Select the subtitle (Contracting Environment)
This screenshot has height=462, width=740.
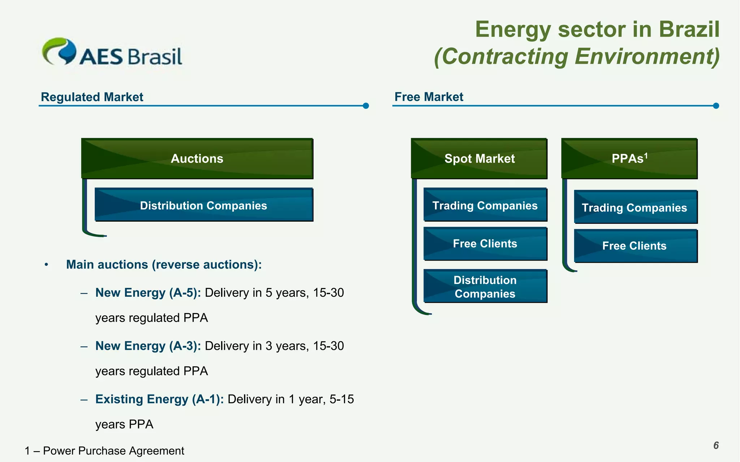(577, 57)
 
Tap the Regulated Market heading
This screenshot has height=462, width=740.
(92, 97)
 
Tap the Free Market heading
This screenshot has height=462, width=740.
(429, 97)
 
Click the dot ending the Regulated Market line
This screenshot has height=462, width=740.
(366, 106)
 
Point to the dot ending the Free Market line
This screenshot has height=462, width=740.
(716, 106)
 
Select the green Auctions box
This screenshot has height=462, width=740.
(197, 158)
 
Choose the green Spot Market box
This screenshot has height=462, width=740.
(479, 158)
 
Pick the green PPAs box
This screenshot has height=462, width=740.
(629, 158)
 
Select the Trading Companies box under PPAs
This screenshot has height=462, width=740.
(635, 207)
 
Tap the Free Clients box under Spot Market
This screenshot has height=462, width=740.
(485, 244)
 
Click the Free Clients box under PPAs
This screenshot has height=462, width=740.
(635, 246)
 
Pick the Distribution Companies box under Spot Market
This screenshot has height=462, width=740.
(485, 286)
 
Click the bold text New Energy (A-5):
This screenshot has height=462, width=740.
(148, 293)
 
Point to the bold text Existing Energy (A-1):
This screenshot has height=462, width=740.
(159, 399)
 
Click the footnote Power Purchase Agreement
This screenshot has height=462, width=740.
(113, 451)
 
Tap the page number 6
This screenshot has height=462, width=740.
(716, 445)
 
